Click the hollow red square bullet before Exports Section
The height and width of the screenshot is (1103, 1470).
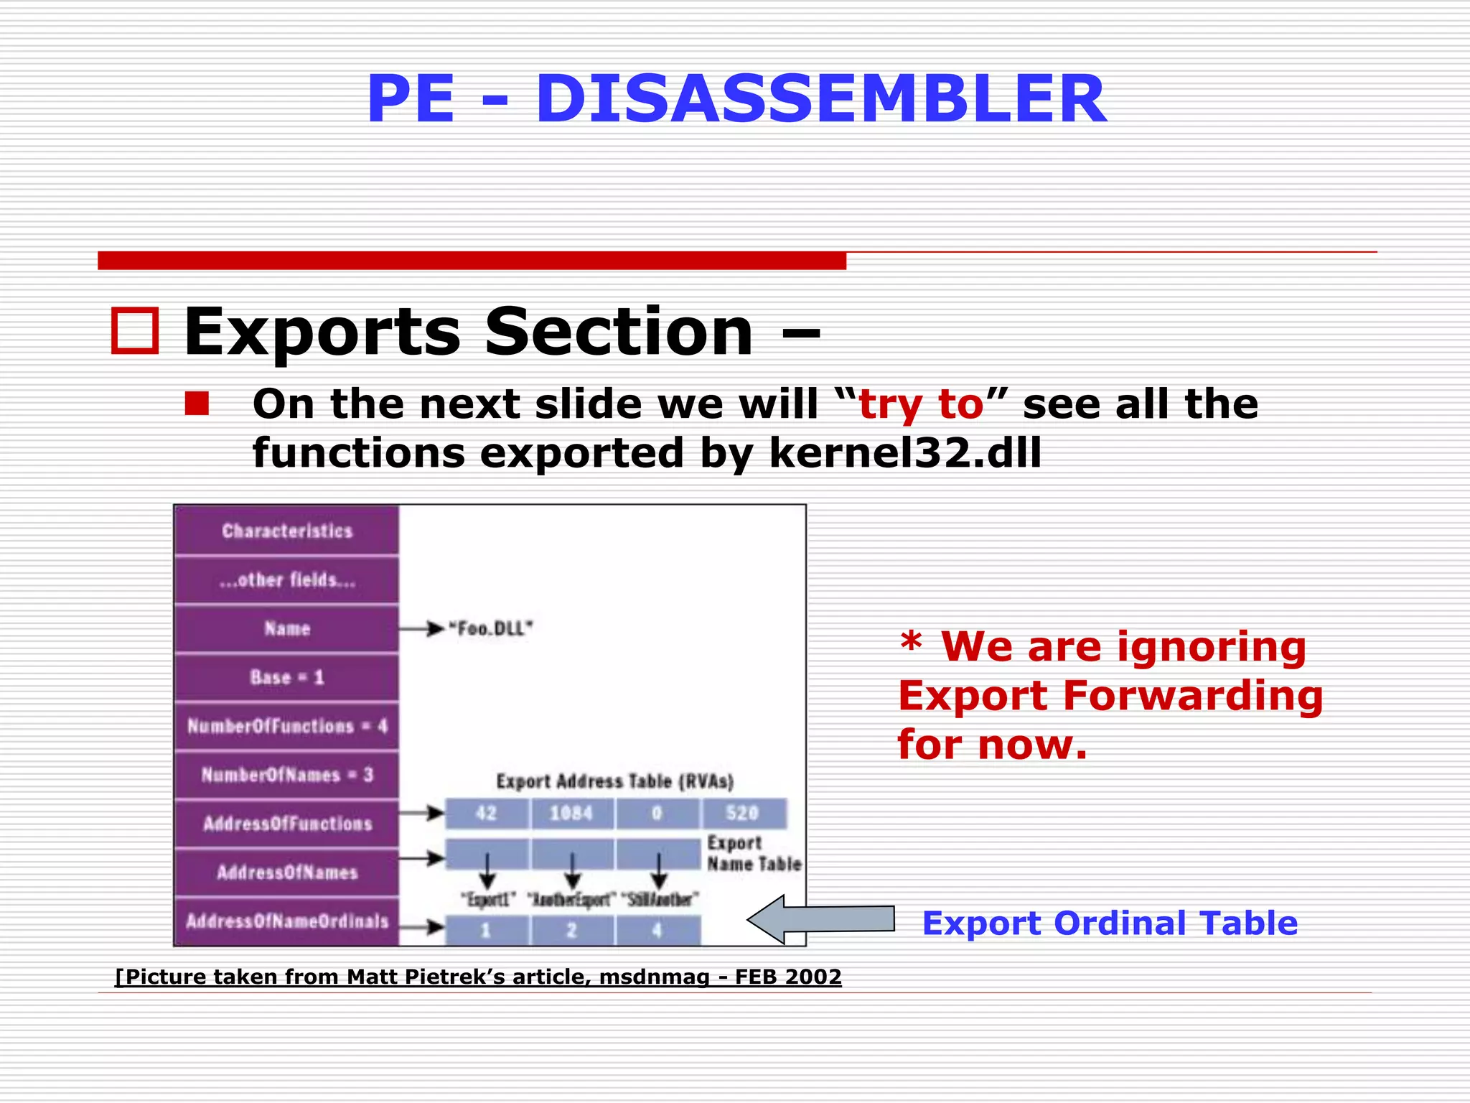pyautogui.click(x=135, y=331)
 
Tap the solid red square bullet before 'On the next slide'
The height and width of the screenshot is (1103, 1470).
pyautogui.click(x=196, y=404)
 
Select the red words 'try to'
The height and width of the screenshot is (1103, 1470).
pyautogui.click(x=921, y=404)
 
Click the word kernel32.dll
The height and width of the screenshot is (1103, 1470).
pyautogui.click(x=904, y=453)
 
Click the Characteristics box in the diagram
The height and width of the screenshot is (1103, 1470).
pyautogui.click(x=287, y=531)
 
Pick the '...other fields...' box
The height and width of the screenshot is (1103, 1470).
pyautogui.click(x=287, y=580)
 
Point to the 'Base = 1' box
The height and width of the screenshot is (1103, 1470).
pyautogui.click(x=287, y=677)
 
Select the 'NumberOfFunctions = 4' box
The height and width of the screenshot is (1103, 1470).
pyautogui.click(x=287, y=726)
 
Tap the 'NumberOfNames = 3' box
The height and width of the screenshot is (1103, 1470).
pyautogui.click(x=287, y=775)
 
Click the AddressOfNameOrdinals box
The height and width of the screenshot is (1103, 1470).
pyautogui.click(x=287, y=921)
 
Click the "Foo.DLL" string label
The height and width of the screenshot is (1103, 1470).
pyautogui.click(x=491, y=629)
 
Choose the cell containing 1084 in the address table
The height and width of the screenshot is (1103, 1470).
pyautogui.click(x=571, y=813)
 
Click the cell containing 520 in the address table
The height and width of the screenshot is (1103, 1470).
pyautogui.click(x=742, y=813)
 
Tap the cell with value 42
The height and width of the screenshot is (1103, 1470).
pyautogui.click(x=487, y=813)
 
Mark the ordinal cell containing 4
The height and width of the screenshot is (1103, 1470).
pyautogui.click(x=657, y=931)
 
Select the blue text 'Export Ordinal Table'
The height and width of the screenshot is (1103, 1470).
pyautogui.click(x=1110, y=923)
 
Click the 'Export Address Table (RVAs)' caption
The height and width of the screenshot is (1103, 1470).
pyautogui.click(x=615, y=781)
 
